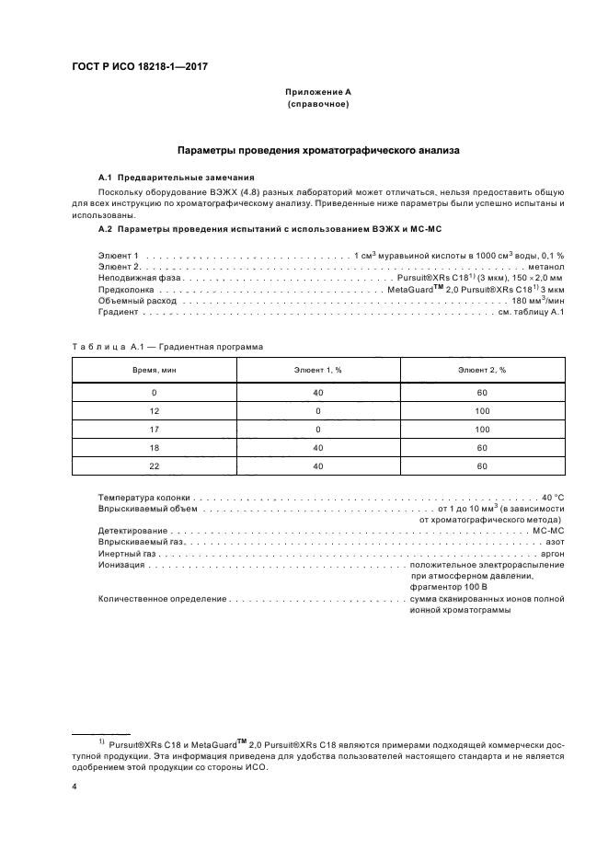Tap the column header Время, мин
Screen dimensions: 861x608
(155, 369)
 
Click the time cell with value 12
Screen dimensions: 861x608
(155, 410)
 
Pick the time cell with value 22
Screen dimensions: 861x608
(155, 466)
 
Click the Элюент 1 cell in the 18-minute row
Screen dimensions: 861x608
(317, 448)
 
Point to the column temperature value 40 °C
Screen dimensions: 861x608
(553, 496)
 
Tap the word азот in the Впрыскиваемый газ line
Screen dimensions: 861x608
(554, 543)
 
